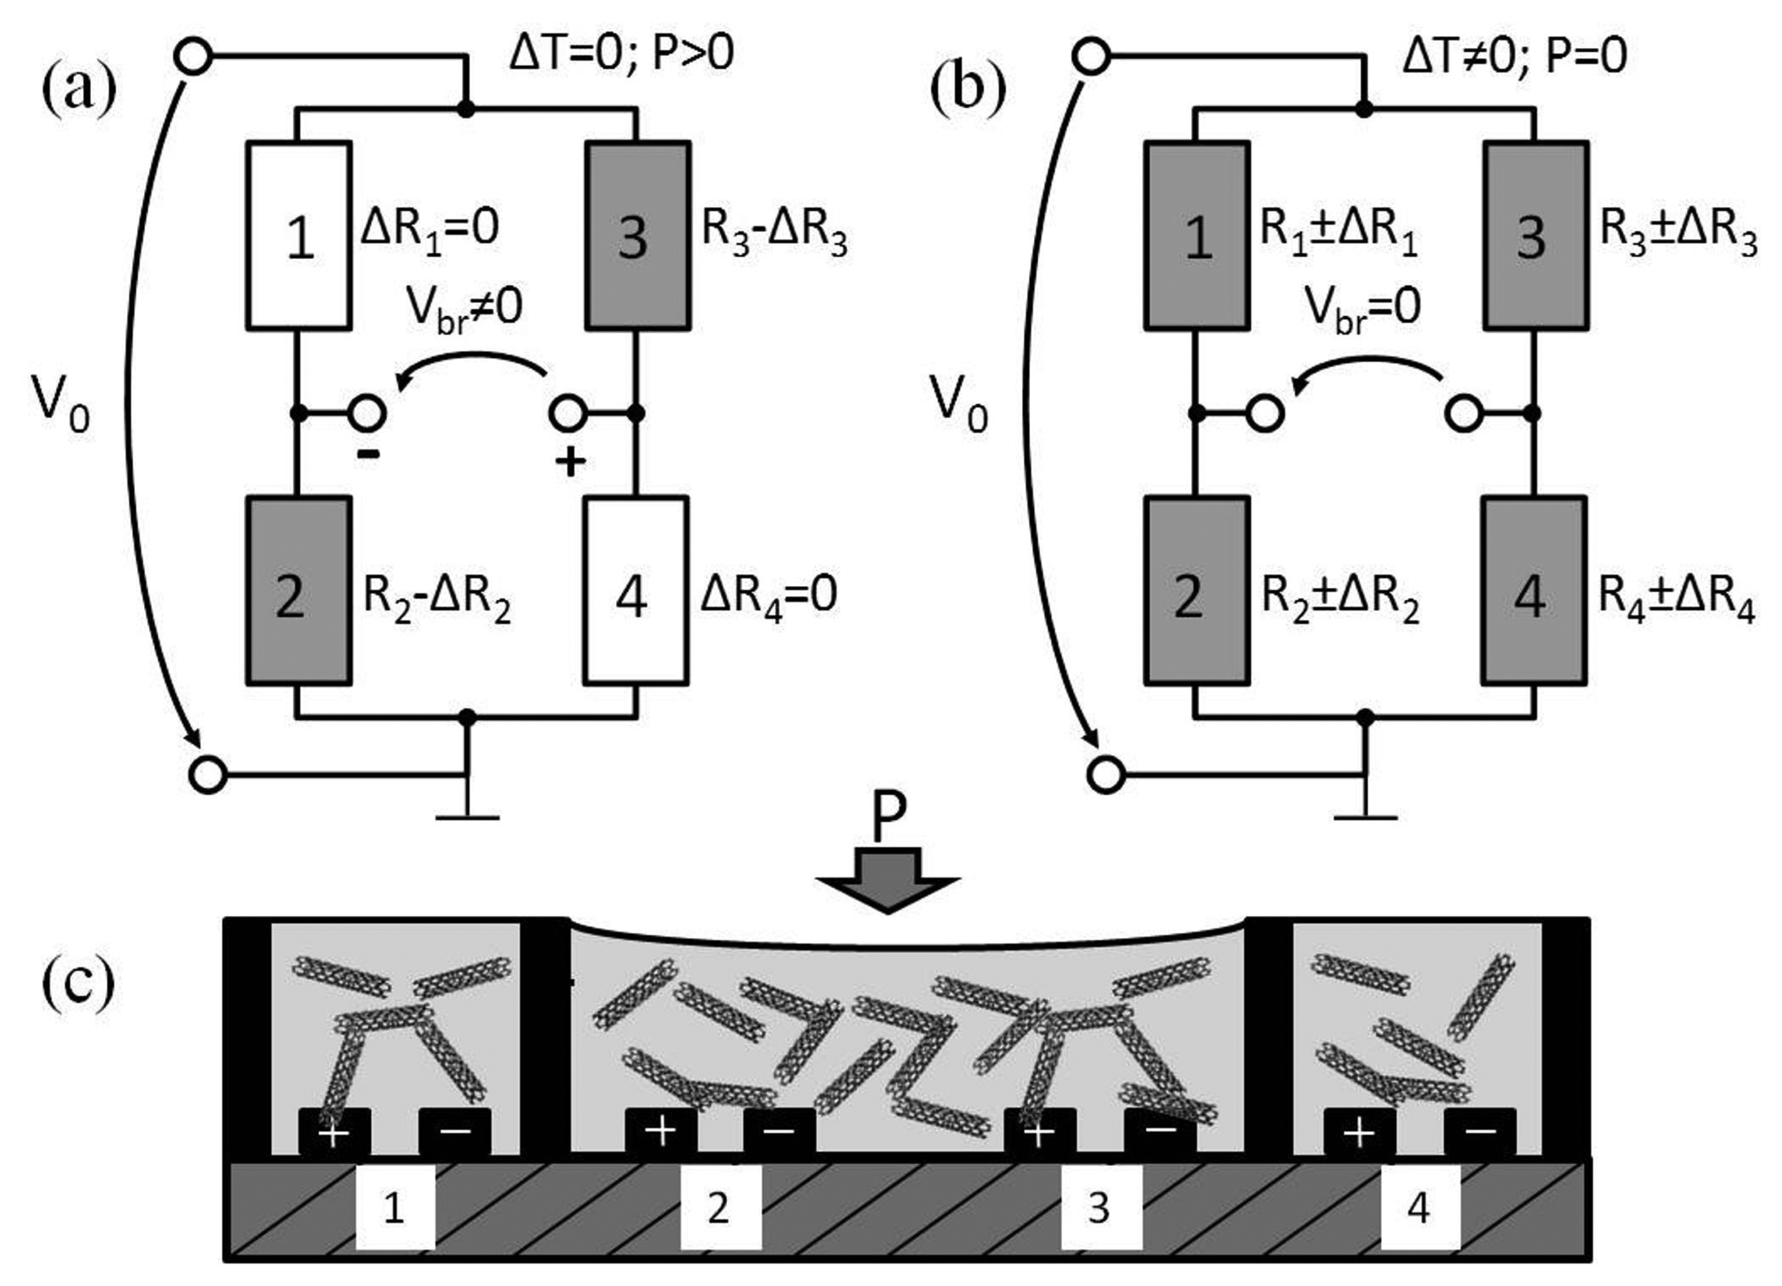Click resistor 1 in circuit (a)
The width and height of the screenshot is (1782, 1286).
[299, 235]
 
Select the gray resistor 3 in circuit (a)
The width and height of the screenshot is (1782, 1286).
[638, 235]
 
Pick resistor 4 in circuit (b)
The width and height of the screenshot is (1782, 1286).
[1534, 591]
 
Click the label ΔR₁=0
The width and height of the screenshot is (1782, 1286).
[429, 228]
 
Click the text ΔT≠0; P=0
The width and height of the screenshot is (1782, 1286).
[1514, 56]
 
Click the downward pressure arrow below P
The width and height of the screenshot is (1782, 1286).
[888, 879]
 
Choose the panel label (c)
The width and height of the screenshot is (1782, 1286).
[78, 982]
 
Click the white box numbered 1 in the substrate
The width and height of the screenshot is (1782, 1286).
[395, 1208]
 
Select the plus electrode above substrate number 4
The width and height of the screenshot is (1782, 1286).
[1360, 1132]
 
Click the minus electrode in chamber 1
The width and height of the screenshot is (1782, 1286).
[455, 1132]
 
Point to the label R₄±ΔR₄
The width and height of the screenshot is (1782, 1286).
[1676, 600]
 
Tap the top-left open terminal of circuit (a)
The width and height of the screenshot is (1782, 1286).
[193, 57]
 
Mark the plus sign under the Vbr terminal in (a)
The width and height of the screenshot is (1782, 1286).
[570, 461]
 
